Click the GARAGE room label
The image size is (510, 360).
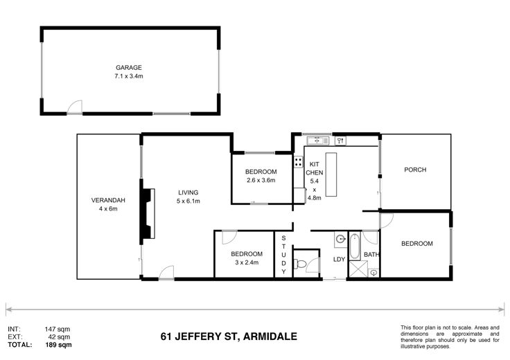point(129,68)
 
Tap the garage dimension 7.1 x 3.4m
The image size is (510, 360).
point(129,76)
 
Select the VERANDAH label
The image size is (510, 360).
point(108,200)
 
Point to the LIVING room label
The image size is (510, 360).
point(188,192)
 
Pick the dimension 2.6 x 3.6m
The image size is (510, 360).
point(261,180)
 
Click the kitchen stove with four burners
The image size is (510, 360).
point(298,162)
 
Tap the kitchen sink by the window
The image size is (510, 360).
point(318,141)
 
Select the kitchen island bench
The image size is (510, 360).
point(331,174)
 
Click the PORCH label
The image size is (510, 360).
point(415,170)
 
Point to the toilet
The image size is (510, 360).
point(299,264)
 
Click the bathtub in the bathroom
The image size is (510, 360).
point(355,246)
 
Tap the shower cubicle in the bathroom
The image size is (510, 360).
point(358,269)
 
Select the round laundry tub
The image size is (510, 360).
point(340,240)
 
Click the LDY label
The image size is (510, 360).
point(339,260)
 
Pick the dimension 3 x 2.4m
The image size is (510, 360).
point(247,262)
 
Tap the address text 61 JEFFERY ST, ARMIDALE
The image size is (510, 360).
point(229,336)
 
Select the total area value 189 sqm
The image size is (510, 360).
point(58,345)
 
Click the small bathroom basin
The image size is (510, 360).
point(374,272)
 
